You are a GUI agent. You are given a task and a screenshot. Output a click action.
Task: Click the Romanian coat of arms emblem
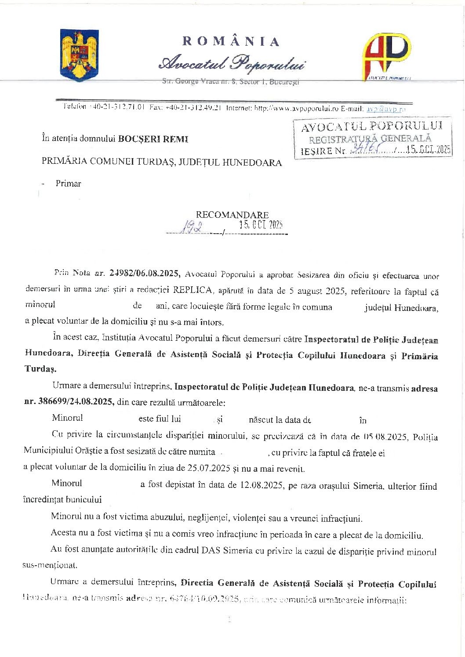[x=79, y=55]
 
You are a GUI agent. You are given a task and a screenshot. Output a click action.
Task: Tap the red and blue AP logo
[x=385, y=56]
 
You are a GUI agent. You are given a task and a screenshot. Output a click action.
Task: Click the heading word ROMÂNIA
[x=231, y=41]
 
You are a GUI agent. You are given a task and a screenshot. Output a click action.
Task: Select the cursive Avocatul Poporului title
[x=232, y=63]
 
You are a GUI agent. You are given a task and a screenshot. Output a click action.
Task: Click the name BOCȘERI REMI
[x=153, y=139]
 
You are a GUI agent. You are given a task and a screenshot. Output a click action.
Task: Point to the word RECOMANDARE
[x=232, y=215]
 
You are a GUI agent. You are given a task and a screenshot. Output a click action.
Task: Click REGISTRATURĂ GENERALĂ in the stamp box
[x=370, y=139]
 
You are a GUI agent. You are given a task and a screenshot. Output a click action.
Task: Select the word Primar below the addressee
[x=68, y=184]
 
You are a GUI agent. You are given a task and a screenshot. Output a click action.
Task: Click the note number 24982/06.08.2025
[x=144, y=273]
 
